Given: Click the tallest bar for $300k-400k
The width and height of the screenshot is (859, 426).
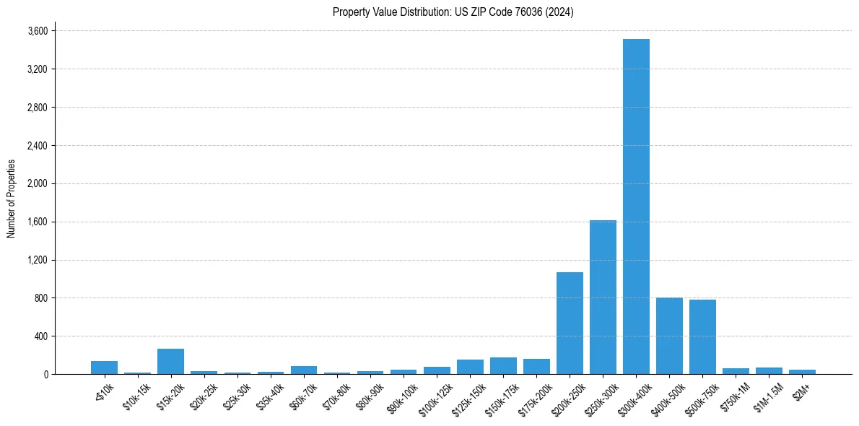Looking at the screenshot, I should click(x=636, y=207).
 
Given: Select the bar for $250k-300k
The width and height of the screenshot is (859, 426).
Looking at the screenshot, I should click(x=603, y=297).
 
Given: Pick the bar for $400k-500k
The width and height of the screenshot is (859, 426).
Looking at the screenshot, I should click(x=669, y=336).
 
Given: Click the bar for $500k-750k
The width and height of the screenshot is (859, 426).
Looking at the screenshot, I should click(x=702, y=337).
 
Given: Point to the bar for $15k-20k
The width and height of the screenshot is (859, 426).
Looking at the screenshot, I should click(x=170, y=362).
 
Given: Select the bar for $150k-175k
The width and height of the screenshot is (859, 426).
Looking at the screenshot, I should click(x=503, y=366).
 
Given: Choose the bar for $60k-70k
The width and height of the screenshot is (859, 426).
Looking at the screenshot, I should click(x=304, y=370).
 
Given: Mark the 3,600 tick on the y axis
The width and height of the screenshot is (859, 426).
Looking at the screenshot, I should click(x=38, y=31).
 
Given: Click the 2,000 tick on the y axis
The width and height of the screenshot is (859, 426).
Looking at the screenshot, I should click(x=38, y=183).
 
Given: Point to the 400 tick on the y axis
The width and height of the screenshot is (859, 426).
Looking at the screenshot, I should click(x=41, y=336).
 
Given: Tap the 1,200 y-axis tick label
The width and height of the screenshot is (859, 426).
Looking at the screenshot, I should click(x=38, y=260).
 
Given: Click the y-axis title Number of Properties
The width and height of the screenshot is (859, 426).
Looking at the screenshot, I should click(x=11, y=199).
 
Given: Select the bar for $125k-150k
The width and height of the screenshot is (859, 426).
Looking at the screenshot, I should click(x=470, y=367).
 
